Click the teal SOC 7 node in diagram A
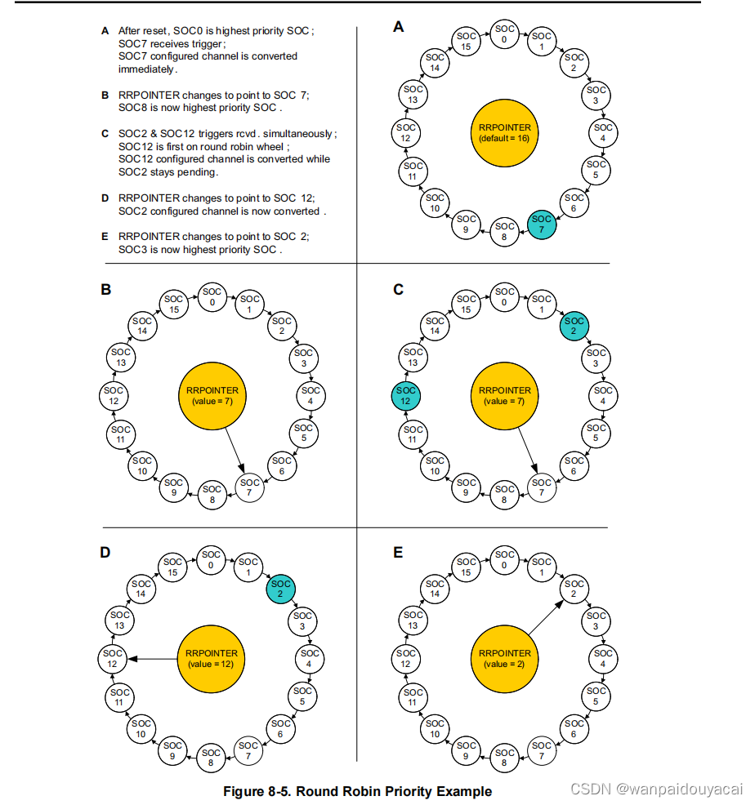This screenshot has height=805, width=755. (541, 225)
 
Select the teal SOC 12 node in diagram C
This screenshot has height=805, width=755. (406, 396)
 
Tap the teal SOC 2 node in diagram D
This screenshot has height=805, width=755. (281, 588)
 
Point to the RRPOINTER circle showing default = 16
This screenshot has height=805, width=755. (505, 132)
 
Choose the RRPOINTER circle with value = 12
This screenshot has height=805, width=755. (211, 658)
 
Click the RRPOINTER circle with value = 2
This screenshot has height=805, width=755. (505, 658)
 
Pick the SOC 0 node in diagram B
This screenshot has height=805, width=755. (211, 297)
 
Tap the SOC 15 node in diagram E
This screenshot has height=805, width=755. (467, 567)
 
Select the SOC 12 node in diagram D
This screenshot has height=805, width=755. (113, 658)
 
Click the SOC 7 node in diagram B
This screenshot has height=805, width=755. (250, 488)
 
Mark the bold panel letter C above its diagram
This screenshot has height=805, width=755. (398, 289)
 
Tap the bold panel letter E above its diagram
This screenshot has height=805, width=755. (398, 553)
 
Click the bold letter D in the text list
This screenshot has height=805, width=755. (105, 198)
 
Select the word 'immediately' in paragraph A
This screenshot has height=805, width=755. (146, 69)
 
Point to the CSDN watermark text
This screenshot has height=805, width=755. (656, 789)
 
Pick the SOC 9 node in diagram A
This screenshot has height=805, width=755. (467, 225)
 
